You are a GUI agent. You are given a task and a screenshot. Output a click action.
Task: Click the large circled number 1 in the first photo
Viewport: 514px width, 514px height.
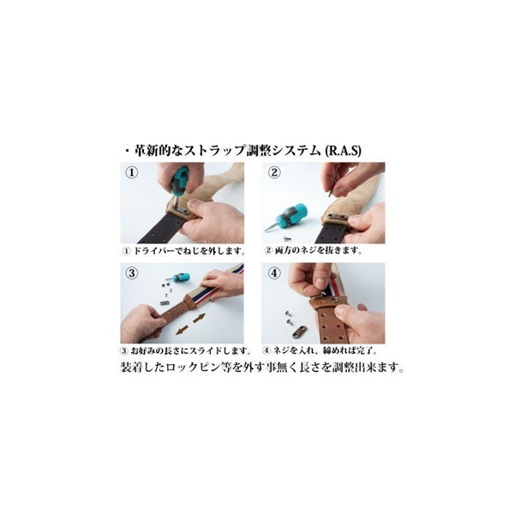132,172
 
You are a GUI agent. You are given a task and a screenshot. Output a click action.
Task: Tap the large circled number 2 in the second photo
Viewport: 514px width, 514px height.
274,172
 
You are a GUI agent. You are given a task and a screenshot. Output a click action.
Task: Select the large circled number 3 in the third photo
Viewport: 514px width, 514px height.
132,272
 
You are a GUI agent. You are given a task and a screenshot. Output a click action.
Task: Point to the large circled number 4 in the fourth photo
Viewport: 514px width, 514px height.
274,272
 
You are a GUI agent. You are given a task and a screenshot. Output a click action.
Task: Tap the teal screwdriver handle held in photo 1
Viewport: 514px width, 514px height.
179,182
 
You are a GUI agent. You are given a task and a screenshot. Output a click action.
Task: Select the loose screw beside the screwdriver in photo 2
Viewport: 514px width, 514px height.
285,236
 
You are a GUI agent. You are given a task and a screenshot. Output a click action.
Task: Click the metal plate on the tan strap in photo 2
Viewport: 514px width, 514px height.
337,218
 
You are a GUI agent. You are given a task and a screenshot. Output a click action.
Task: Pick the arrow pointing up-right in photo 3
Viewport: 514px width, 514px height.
200,318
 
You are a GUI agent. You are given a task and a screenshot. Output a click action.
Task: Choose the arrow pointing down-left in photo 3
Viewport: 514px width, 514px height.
182,330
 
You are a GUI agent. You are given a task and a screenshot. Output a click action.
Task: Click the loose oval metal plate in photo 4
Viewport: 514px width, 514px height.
300,331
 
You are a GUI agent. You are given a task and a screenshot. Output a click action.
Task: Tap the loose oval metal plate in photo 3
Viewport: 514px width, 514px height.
164,302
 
